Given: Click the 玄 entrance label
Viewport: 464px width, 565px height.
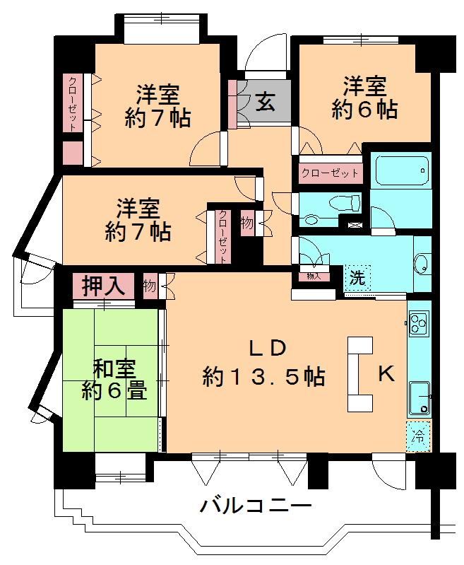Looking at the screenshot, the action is point(266,102).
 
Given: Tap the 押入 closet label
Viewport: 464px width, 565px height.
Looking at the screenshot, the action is point(103,286).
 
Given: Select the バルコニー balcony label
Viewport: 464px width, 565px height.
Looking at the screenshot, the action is point(255,506).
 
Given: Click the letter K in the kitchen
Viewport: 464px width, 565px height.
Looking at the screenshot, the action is point(386,373).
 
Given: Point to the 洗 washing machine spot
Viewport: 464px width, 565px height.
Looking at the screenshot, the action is point(357,277).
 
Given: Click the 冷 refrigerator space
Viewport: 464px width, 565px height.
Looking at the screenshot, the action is point(418,436).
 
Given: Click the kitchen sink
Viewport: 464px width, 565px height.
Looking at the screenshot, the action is point(420,398).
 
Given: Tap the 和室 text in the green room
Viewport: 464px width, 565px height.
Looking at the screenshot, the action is point(114,368).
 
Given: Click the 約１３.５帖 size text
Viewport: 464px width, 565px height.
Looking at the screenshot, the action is point(264,376).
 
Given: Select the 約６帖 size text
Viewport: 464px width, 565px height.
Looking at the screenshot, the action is point(364,108).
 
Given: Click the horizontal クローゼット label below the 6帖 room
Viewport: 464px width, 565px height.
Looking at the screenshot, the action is point(330,173).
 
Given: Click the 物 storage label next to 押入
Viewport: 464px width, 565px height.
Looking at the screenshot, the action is point(149,286).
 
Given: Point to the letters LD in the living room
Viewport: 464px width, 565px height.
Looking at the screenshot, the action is point(268,349).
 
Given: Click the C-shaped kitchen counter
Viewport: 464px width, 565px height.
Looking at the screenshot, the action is point(359,374).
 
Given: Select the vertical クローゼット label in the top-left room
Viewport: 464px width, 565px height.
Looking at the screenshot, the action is point(72,103).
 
